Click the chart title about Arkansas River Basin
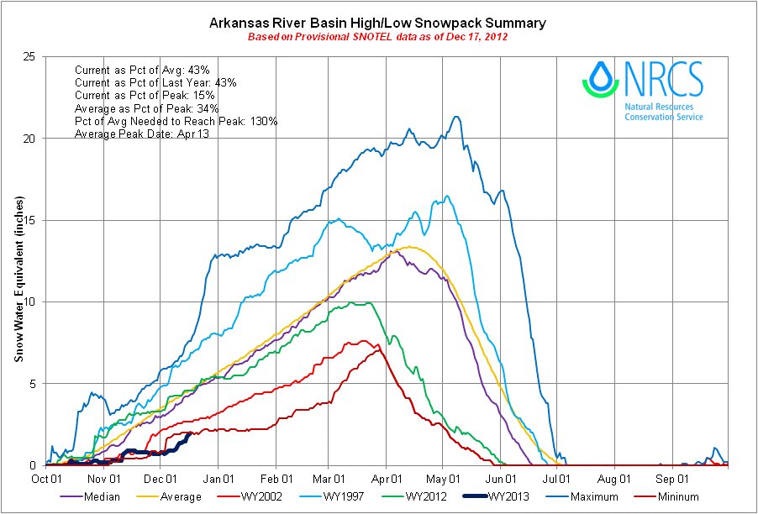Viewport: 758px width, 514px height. pos(378,23)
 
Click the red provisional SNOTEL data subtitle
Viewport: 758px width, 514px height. pos(378,37)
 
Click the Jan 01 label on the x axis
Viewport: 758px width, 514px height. pos(218,479)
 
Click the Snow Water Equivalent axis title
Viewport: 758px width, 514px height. pos(18,278)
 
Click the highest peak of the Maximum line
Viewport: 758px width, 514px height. pos(456,117)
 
